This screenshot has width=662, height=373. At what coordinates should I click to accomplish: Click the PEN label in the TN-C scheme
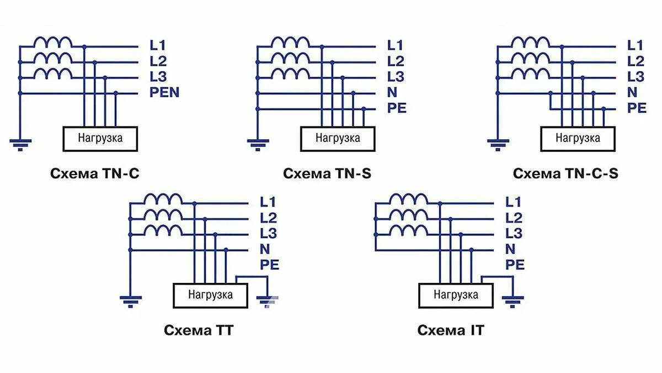(x=164, y=92)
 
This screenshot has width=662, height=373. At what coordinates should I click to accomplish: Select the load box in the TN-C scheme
(x=100, y=138)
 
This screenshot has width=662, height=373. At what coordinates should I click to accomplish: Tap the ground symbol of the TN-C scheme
(x=20, y=145)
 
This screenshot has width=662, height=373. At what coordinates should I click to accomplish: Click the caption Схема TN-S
(x=327, y=174)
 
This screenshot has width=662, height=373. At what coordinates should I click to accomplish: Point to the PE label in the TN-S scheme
(x=396, y=108)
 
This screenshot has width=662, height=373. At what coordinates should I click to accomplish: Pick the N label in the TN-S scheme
(x=392, y=92)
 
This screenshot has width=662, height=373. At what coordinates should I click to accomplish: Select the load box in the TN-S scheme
(x=338, y=138)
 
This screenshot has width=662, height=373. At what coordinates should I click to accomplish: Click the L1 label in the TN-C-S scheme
(x=636, y=45)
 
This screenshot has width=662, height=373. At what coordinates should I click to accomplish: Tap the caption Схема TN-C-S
(x=565, y=174)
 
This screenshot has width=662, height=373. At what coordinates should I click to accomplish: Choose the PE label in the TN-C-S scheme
(x=637, y=108)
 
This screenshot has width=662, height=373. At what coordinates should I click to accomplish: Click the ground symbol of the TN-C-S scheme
(x=498, y=145)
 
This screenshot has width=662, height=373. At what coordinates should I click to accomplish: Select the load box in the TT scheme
(x=210, y=295)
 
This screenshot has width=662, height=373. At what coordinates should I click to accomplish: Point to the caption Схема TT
(x=199, y=330)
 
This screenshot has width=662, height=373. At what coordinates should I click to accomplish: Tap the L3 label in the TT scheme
(x=268, y=233)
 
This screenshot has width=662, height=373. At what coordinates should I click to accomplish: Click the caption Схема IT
(x=451, y=330)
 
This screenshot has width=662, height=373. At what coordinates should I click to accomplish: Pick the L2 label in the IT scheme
(x=514, y=217)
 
